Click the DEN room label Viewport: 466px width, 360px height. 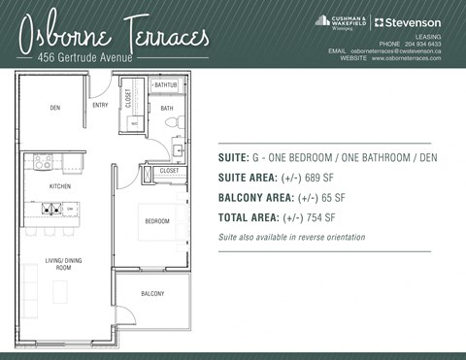point(42,109)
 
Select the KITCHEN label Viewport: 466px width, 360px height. point(47,185)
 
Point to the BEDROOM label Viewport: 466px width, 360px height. point(157,221)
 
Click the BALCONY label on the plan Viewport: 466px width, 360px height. point(152,293)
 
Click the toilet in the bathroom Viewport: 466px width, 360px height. point(173,123)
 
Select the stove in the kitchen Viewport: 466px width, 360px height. point(44,162)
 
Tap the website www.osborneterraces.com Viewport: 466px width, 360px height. point(405,59)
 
